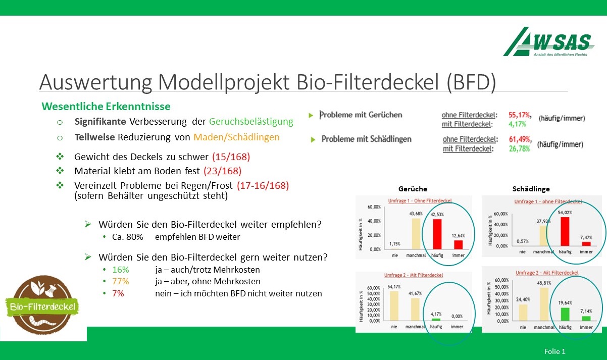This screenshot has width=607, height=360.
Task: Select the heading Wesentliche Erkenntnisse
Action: click(106, 107)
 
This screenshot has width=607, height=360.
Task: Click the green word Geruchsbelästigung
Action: click(251, 122)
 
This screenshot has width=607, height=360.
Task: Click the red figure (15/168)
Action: click(231, 156)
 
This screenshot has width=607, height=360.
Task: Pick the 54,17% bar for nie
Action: click(393, 305)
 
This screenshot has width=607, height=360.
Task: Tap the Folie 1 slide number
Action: click(554, 351)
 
